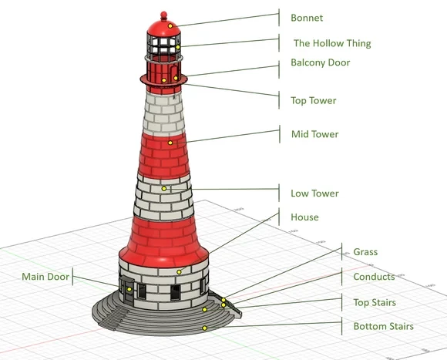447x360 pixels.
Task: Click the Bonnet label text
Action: point(307,18)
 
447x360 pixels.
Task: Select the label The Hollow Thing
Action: point(332,43)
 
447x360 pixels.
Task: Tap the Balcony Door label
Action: point(321,62)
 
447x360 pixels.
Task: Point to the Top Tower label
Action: point(314,101)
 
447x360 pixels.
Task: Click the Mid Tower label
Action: point(315,134)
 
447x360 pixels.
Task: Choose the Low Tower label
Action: point(314,193)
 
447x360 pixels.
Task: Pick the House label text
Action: point(304,217)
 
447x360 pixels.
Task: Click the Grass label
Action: point(365,252)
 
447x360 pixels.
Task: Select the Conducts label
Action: point(374,277)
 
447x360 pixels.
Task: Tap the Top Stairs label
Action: point(375,302)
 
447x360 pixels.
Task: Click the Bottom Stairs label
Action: point(384,326)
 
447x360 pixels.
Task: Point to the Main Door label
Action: point(45,277)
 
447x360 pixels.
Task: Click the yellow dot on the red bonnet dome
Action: point(170,26)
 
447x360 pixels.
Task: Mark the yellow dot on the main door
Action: point(129,289)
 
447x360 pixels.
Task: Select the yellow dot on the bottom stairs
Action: point(204,328)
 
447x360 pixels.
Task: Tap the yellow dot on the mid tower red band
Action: point(170,143)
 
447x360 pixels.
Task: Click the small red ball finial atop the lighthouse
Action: point(163,15)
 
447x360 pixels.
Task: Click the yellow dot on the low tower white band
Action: point(164,188)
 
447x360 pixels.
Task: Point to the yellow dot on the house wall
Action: point(179,272)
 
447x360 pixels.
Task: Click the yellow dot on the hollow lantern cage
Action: point(178,47)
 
